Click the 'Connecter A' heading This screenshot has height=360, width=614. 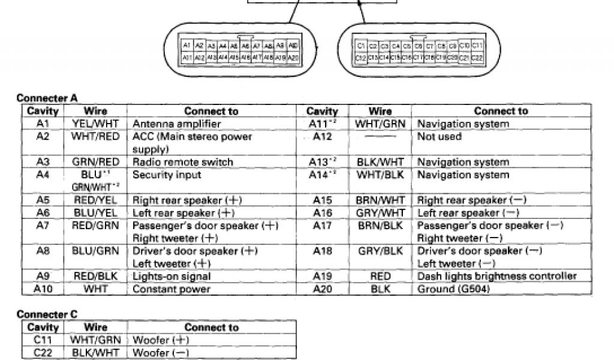[47, 98]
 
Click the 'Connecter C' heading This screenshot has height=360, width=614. [47, 314]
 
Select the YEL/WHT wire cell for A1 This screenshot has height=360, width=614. [95, 124]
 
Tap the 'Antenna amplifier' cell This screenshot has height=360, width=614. [176, 124]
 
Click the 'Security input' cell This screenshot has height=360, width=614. [166, 175]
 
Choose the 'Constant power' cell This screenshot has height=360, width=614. [171, 289]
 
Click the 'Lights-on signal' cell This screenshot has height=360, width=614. [171, 277]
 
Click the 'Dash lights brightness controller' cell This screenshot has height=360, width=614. [497, 277]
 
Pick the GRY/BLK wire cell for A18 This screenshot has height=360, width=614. [381, 251]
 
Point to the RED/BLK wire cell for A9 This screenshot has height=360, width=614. [95, 277]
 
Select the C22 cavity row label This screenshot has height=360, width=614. [43, 353]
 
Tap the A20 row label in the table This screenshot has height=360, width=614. [323, 289]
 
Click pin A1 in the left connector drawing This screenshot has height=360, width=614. [186, 46]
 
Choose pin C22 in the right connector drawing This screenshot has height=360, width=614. [477, 58]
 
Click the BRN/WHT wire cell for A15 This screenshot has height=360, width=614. [381, 200]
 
